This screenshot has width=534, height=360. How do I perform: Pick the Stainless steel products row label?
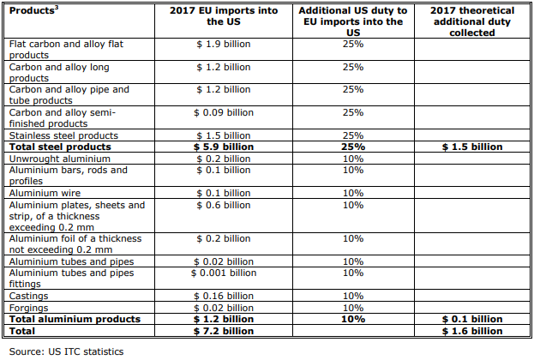pos(63,135)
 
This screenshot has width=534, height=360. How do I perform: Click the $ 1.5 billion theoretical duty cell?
pos(471,147)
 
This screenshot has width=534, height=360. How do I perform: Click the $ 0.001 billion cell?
pos(225,273)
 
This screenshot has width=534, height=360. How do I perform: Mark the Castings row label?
pos(29,296)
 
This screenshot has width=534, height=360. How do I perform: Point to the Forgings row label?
pos(29,307)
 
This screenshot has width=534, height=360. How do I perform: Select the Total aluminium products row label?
pos(73,319)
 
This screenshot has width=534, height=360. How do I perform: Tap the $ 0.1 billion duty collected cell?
pos(471,319)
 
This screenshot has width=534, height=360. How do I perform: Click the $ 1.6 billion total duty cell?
pos(471,330)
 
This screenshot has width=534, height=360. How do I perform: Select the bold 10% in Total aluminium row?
pos(352,319)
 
